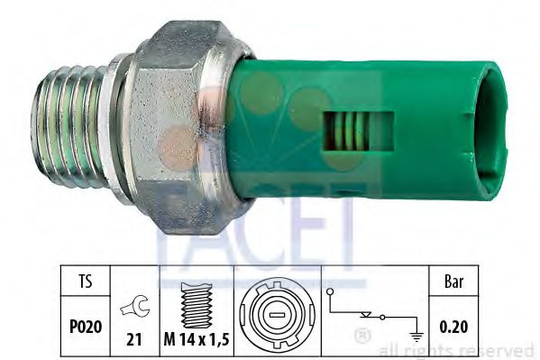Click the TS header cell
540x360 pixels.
tap(86, 281)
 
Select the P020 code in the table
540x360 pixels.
tap(86, 327)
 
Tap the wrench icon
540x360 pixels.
tap(135, 305)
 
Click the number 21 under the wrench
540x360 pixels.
tap(134, 339)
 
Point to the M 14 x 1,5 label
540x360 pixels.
tap(197, 339)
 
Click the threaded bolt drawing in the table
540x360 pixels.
tap(197, 305)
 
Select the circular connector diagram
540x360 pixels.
tap(278, 315)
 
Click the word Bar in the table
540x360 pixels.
tap(453, 282)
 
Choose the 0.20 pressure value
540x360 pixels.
tap(453, 327)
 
